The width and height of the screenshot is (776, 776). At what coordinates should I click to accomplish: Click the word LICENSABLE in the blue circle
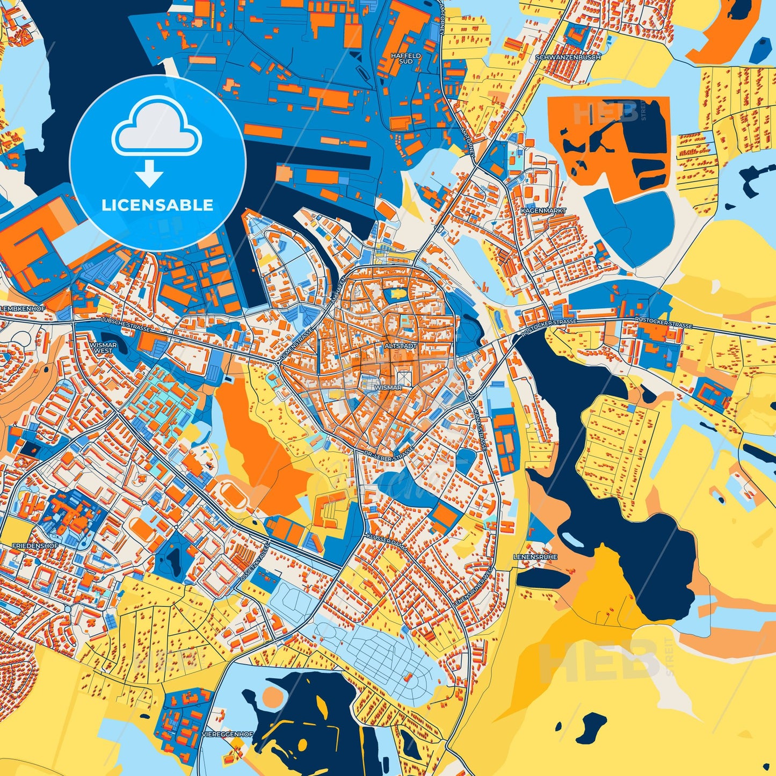(157, 205)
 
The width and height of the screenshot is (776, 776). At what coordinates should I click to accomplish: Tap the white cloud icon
(156, 128)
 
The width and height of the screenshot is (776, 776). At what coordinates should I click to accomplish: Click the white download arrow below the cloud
(149, 174)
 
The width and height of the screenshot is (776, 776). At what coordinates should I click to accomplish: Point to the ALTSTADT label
(400, 346)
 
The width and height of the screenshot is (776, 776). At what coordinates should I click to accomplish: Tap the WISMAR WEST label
(104, 348)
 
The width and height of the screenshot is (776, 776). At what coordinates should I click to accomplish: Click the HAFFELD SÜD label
(406, 59)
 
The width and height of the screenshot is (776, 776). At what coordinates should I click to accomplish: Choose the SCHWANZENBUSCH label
(568, 57)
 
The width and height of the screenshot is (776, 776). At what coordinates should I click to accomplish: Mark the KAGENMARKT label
(543, 211)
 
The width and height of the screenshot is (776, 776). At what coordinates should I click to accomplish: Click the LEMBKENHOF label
(23, 309)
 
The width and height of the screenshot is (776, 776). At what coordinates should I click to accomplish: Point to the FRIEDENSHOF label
(35, 546)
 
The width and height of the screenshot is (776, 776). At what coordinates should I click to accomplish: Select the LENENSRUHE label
(535, 557)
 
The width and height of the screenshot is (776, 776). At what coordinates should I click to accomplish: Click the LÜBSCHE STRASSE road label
(126, 323)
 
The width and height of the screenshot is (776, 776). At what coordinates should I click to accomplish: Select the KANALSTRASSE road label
(481, 430)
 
